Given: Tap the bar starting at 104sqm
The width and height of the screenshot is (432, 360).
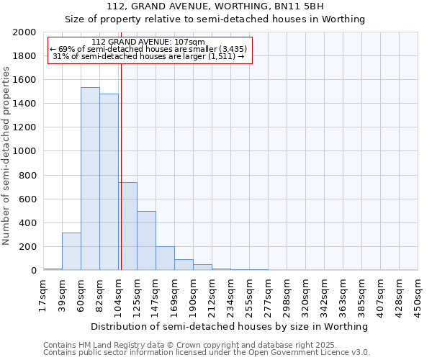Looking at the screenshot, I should point(128,226).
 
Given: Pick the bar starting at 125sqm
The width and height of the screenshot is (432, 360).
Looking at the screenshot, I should point(146,240).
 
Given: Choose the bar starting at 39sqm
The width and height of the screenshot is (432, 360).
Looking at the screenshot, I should point(71,251).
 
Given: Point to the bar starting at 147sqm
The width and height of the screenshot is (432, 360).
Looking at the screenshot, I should point(165,258).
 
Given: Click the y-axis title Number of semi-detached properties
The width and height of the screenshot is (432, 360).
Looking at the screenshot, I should point(6,156).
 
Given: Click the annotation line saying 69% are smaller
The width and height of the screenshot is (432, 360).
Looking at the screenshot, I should point(148,49).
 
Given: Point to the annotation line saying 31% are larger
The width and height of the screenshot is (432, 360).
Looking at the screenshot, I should point(148,56).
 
